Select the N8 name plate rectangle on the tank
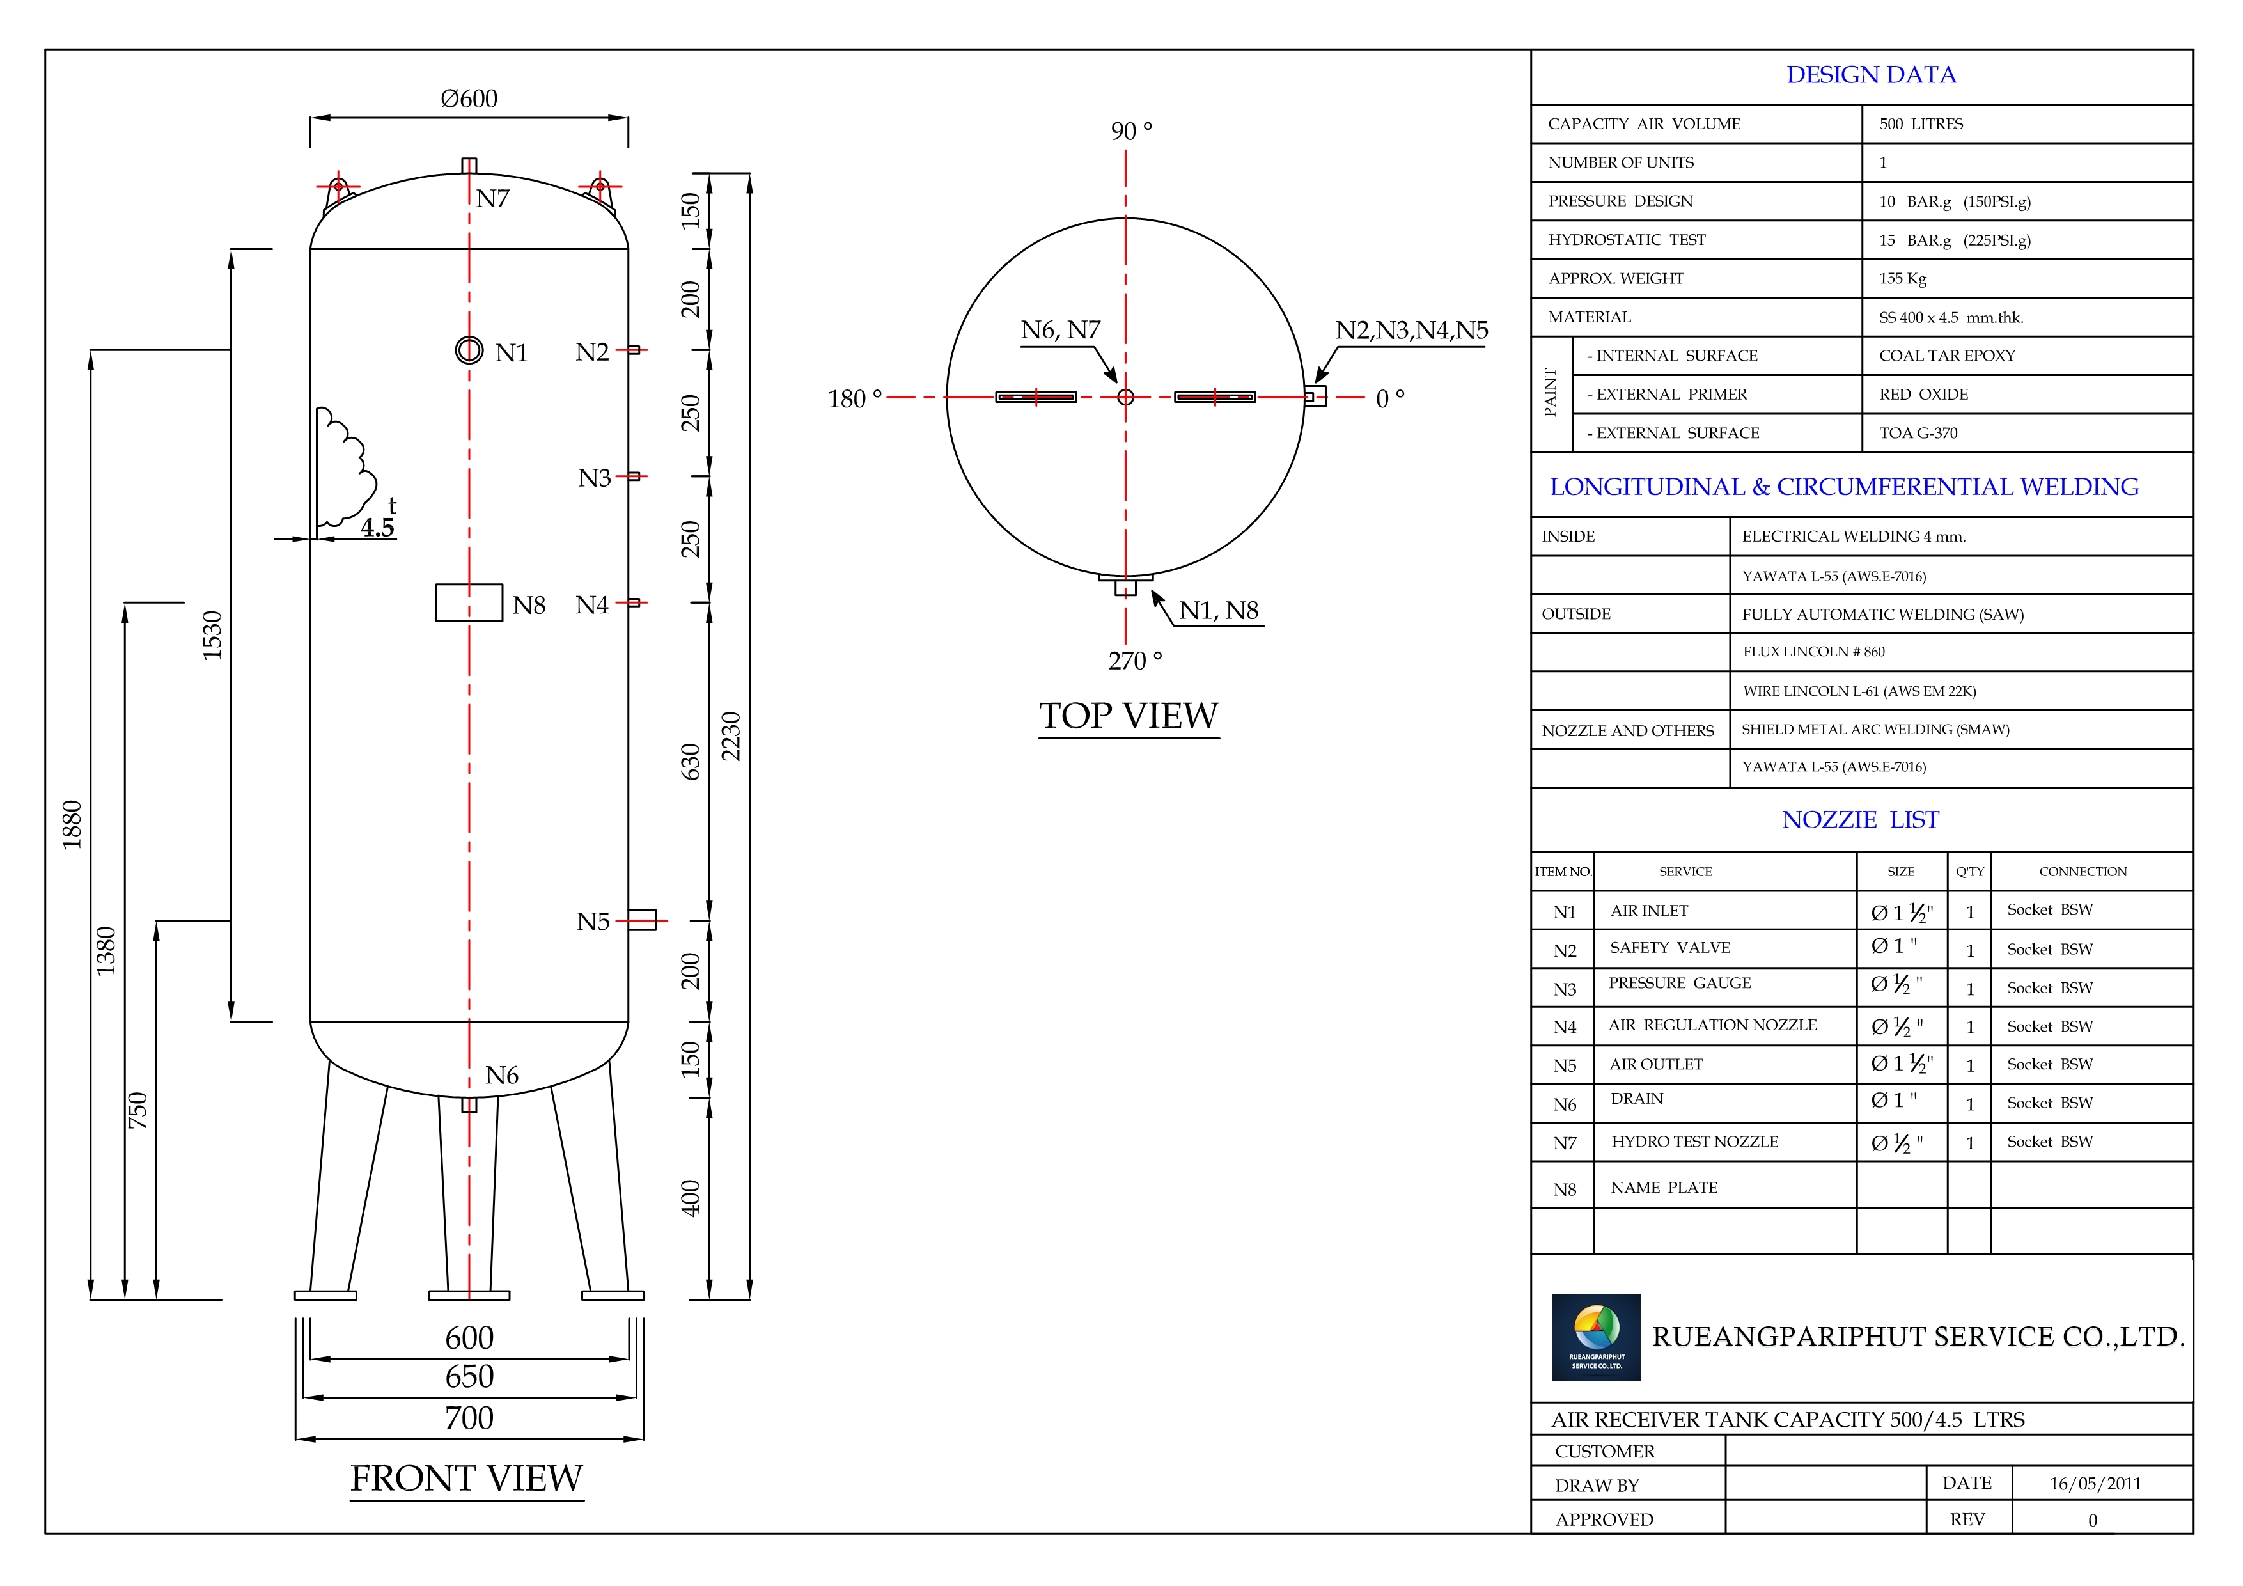tap(469, 603)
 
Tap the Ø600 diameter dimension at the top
tap(469, 98)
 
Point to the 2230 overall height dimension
tap(731, 736)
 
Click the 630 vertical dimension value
tap(691, 762)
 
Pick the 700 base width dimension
tap(469, 1418)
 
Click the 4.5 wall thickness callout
tap(377, 528)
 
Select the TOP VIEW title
tap(1129, 716)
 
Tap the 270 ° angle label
tap(1135, 661)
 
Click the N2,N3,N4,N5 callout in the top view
tap(1412, 330)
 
